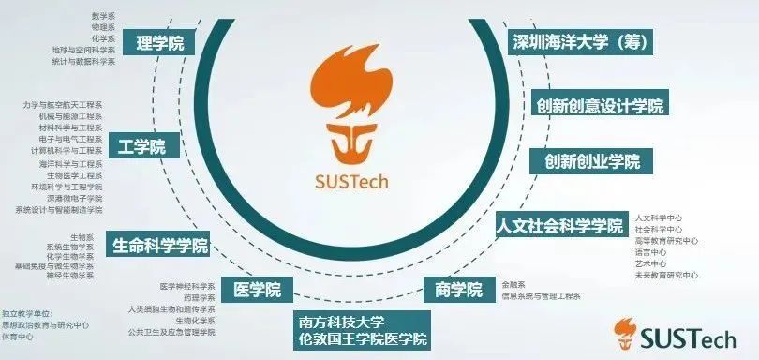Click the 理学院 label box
click(x=159, y=42)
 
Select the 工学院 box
click(x=142, y=146)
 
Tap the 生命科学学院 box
click(x=159, y=246)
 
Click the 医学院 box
click(x=257, y=289)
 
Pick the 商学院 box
click(x=459, y=289)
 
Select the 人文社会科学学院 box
click(x=560, y=226)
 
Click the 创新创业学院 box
click(x=592, y=161)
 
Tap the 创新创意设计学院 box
click(x=600, y=105)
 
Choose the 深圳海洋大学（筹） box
click(x=581, y=42)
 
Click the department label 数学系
click(x=103, y=17)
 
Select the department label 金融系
click(x=513, y=283)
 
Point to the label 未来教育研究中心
click(x=666, y=275)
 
